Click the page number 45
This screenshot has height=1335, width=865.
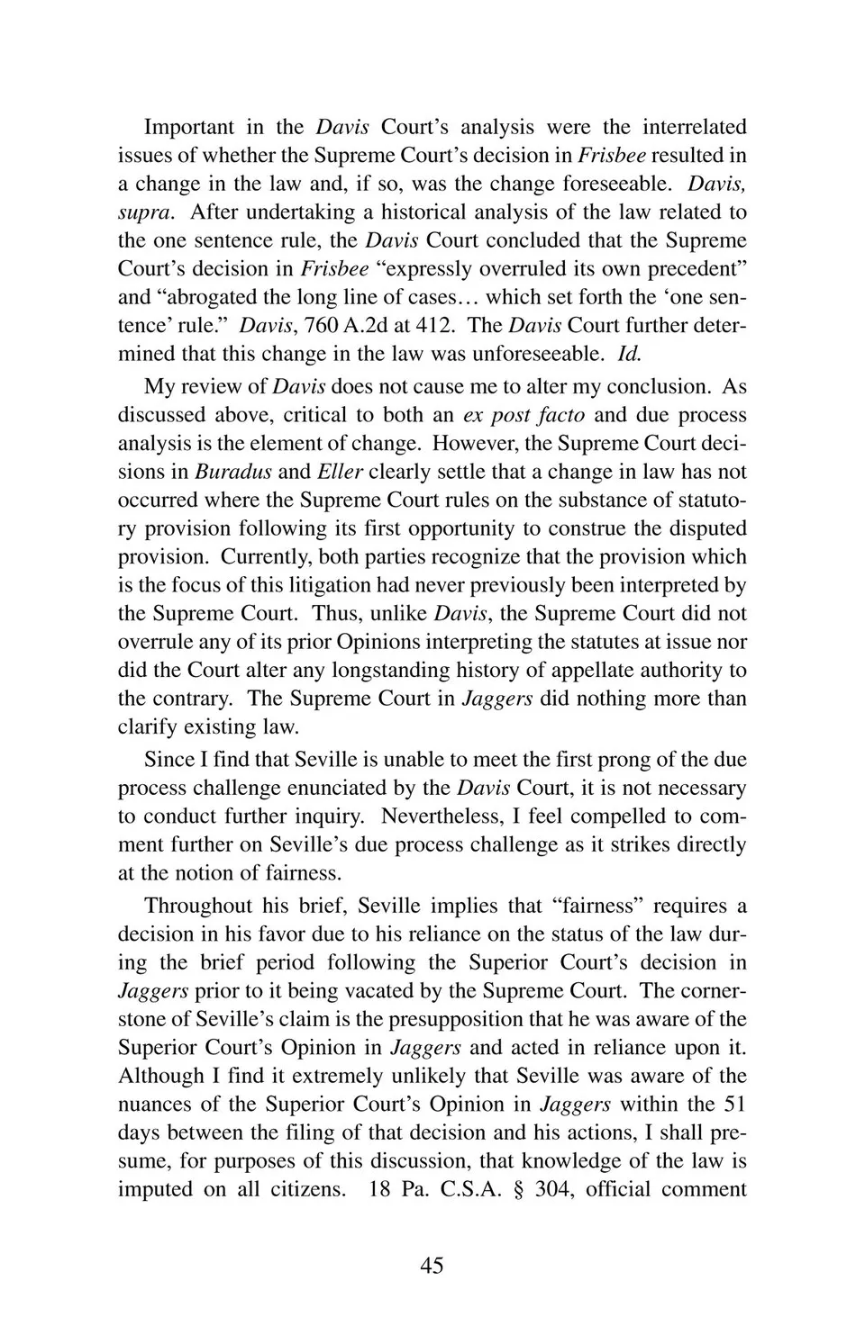click(432, 1266)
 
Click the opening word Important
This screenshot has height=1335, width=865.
click(189, 127)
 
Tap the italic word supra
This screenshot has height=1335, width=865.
click(140, 212)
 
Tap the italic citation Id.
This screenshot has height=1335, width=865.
click(628, 354)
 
